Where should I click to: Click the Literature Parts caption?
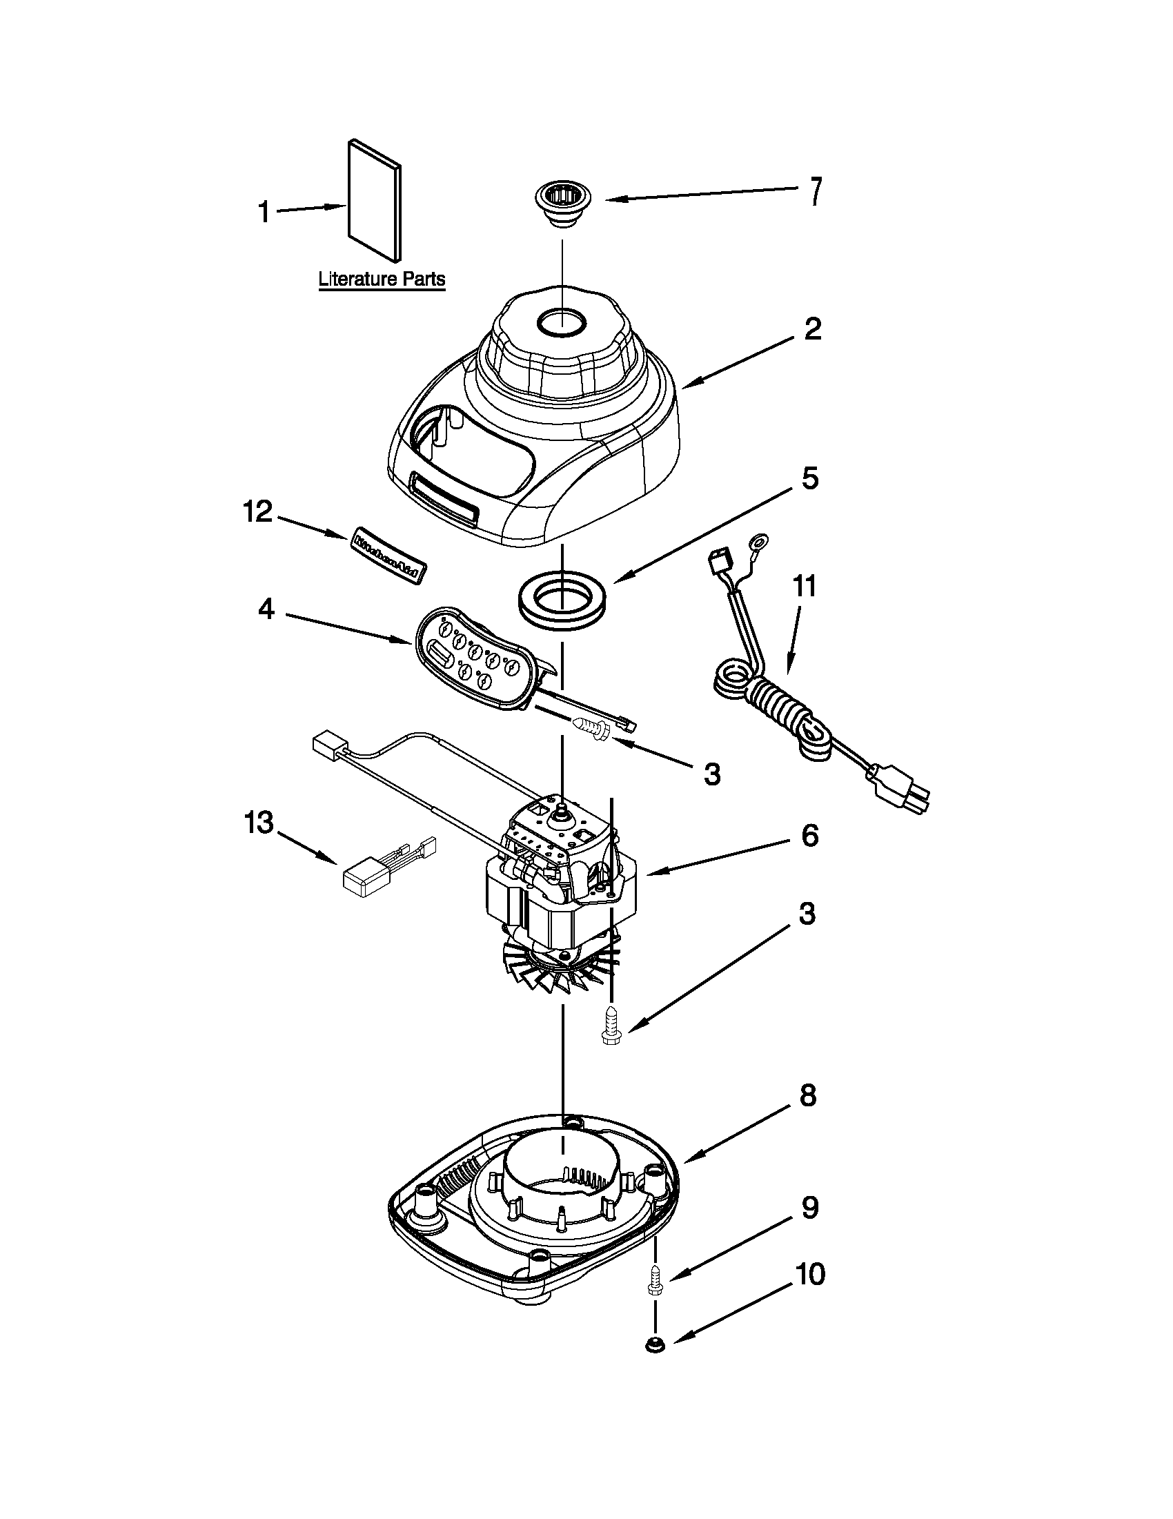click(x=381, y=280)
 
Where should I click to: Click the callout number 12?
click(x=257, y=512)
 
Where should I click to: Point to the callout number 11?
click(x=804, y=587)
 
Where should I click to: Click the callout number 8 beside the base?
click(x=807, y=1095)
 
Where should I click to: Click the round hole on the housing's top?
click(x=562, y=323)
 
